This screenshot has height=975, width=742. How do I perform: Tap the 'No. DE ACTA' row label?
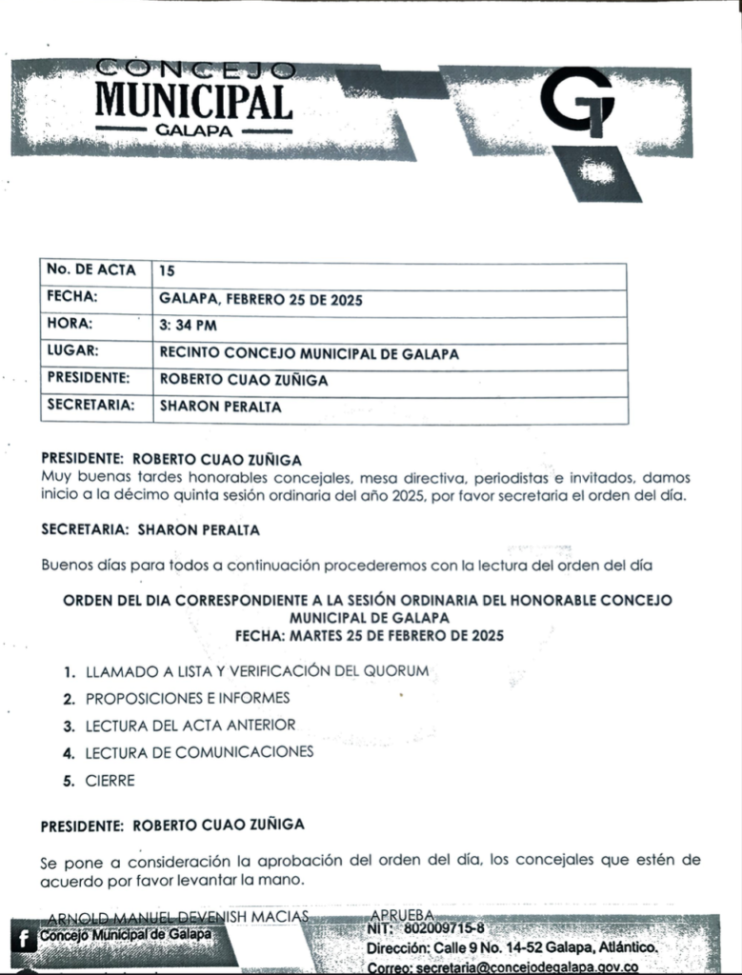pos(91,270)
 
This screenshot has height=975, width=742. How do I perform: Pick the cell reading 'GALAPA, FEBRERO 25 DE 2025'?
pos(262,299)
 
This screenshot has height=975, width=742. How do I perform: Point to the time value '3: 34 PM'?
pos(191,326)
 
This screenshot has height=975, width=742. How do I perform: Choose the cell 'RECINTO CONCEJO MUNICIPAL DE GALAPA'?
pos(309,353)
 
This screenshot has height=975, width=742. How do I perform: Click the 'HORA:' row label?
pos(70,325)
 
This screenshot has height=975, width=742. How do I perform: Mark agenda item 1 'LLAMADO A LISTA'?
pos(256,671)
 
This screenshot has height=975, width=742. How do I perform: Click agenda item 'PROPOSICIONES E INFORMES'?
pos(187,698)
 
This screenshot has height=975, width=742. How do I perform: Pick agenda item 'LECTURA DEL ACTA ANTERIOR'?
pos(190,726)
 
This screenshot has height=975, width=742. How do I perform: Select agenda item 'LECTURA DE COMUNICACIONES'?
pos(198,752)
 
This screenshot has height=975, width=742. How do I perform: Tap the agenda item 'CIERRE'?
pos(110,781)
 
